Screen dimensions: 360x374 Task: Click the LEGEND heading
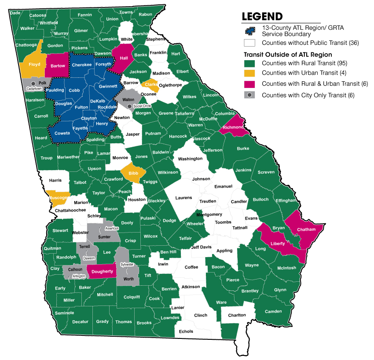(262, 17)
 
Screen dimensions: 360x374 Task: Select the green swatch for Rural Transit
(249, 63)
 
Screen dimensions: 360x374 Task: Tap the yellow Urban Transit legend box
(249, 73)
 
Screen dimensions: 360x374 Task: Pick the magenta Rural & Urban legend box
(249, 84)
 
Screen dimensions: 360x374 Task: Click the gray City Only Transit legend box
(249, 95)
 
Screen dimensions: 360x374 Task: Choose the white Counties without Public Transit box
(249, 43)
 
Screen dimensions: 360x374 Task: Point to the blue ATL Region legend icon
(249, 31)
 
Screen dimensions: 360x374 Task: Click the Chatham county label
(306, 229)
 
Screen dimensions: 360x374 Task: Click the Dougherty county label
(102, 272)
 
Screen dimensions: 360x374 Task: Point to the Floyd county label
(34, 65)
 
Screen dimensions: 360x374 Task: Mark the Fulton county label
(81, 107)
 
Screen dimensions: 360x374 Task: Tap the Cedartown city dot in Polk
(33, 83)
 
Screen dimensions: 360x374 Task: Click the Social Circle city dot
(129, 106)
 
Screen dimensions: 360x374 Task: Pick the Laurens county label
(183, 198)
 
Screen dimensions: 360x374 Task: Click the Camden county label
(273, 312)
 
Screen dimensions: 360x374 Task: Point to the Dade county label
(15, 13)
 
